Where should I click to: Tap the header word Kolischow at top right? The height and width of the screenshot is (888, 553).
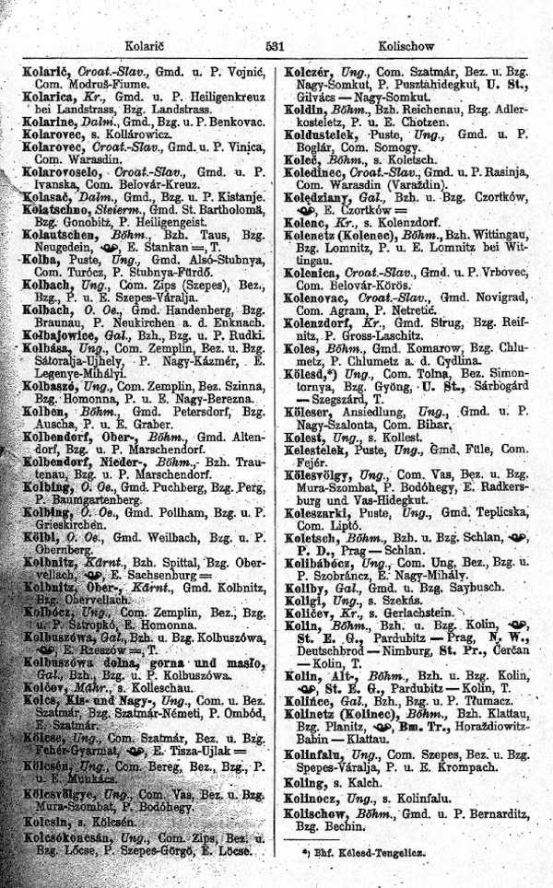[405, 43]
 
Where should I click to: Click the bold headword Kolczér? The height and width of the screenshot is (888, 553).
[314, 69]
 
